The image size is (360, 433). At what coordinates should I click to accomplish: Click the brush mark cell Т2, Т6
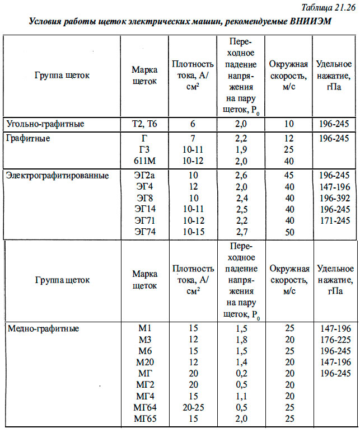144,124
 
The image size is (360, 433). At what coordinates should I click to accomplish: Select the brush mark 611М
144,161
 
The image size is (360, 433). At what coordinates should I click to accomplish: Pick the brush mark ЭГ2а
144,175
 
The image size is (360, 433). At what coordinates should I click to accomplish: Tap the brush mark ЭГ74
144,231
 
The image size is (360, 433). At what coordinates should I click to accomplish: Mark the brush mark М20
144,362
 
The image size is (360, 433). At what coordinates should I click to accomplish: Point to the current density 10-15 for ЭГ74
193,231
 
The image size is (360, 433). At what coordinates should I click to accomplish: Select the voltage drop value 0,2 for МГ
241,373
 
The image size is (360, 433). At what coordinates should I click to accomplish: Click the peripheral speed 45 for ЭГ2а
289,175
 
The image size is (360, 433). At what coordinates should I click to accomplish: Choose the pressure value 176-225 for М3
335,340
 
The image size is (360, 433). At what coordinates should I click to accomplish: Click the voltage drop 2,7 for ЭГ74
241,231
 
